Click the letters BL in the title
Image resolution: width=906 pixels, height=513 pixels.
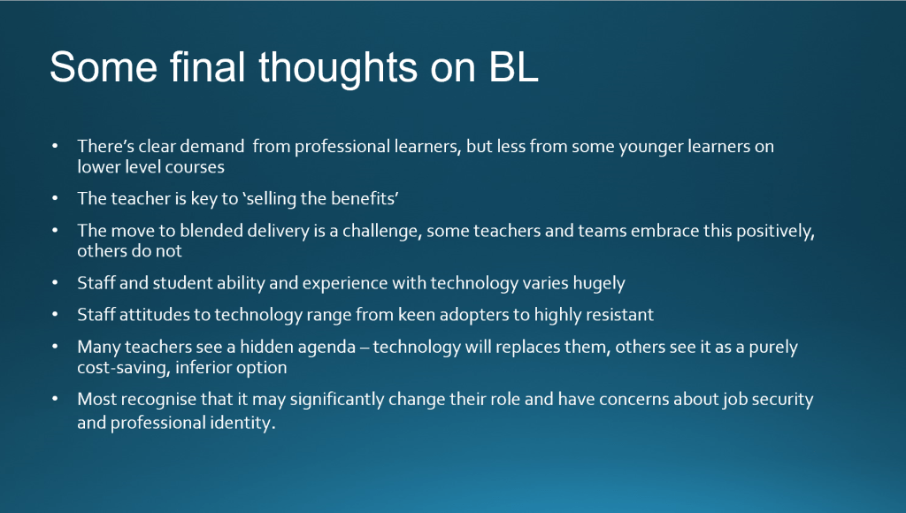pos(514,67)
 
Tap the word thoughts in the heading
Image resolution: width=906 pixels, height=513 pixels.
pos(338,68)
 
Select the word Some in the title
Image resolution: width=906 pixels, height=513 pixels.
pos(104,67)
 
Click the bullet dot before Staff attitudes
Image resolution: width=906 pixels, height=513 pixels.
pos(55,315)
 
